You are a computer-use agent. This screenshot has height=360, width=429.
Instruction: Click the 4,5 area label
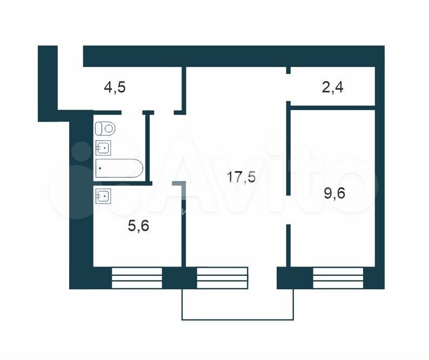tap(115, 88)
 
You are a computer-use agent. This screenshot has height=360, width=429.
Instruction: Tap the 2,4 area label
tap(332, 88)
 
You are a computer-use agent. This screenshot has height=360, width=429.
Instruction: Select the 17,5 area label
tap(241, 177)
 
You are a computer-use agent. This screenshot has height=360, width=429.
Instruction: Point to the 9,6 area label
tap(334, 193)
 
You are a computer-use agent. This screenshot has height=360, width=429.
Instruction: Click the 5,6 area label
tap(138, 226)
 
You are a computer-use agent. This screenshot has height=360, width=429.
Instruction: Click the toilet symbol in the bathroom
tap(105, 128)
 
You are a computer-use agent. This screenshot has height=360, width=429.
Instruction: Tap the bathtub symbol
tap(119, 168)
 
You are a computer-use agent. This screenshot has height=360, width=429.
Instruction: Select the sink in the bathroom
tap(103, 148)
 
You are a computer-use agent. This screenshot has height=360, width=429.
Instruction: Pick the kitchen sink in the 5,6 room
tap(103, 196)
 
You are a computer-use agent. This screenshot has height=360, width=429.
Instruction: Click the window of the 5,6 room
tap(137, 278)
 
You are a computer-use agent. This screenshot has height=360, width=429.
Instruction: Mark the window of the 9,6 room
tap(338, 278)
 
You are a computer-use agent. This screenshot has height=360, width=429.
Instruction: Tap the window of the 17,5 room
tap(223, 278)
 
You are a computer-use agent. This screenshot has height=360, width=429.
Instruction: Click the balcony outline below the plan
tap(238, 320)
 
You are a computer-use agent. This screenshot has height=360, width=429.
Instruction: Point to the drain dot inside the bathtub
tap(100, 168)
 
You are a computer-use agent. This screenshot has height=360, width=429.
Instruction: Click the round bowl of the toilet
tap(109, 128)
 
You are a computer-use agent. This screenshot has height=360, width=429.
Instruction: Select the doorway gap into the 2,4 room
tap(288, 87)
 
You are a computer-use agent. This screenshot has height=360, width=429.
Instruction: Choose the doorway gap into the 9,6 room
tap(288, 210)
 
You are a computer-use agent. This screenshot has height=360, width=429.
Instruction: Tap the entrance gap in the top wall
tap(70, 56)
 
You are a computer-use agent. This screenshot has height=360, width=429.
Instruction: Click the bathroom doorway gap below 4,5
tap(132, 112)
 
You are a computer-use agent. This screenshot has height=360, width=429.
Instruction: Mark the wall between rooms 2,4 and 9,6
tap(332, 108)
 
